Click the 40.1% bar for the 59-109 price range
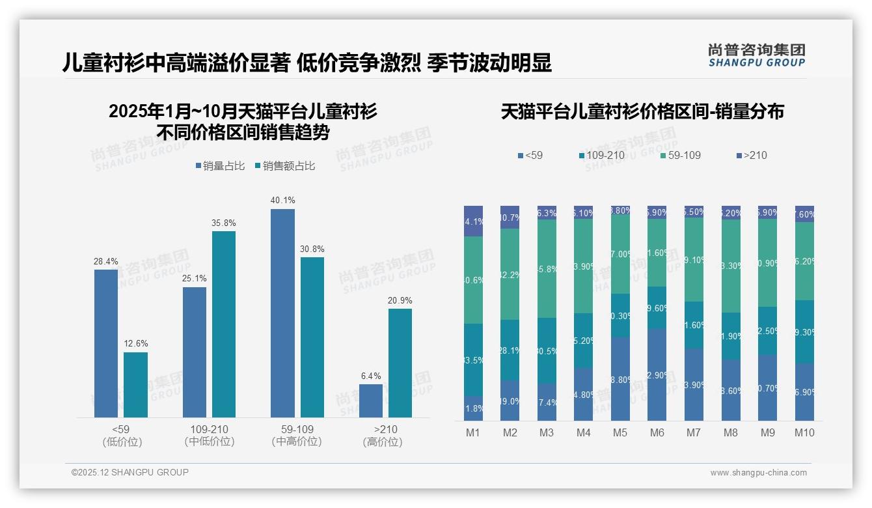[282, 313]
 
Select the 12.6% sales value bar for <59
[135, 384]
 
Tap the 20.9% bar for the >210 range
[400, 363]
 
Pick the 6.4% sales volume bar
[371, 401]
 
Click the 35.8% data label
[223, 223]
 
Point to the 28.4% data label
[105, 262]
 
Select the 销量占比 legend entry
[220, 166]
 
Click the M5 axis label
[620, 432]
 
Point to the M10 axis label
[804, 432]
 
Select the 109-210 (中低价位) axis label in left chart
[210, 435]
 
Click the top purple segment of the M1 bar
[473, 221]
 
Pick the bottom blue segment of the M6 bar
[657, 374]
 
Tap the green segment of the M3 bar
[547, 268]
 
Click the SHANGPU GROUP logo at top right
[756, 55]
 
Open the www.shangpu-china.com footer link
[758, 473]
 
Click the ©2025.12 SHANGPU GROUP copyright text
[130, 472]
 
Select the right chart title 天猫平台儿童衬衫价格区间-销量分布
[642, 111]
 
